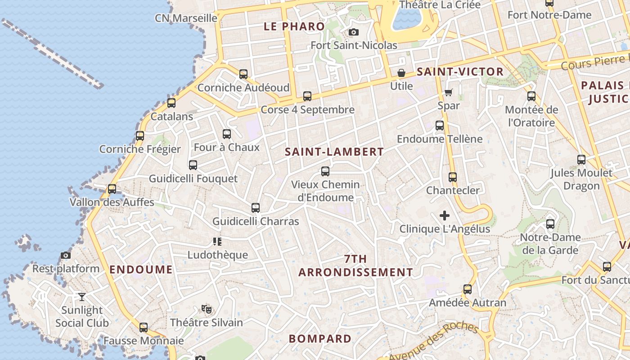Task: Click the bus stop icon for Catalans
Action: pyautogui.click(x=171, y=103)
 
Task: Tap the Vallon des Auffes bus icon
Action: pyautogui.click(x=112, y=189)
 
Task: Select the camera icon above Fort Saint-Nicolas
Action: pyautogui.click(x=354, y=32)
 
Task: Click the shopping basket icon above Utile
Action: pyautogui.click(x=401, y=73)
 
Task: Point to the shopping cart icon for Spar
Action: pyautogui.click(x=448, y=93)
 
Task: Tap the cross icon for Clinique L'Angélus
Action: pyautogui.click(x=445, y=216)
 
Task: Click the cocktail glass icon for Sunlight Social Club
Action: pyautogui.click(x=82, y=297)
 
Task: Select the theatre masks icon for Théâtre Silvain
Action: pyautogui.click(x=207, y=309)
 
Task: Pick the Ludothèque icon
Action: pyautogui.click(x=217, y=242)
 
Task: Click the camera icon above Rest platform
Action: pyautogui.click(x=66, y=256)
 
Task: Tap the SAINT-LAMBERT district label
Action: pyautogui.click(x=334, y=152)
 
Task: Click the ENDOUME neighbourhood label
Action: pyautogui.click(x=141, y=270)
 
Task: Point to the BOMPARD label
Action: pyautogui.click(x=320, y=339)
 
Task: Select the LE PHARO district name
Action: pyautogui.click(x=294, y=27)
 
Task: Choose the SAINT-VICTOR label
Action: pyautogui.click(x=460, y=72)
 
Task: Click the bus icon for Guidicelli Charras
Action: pyautogui.click(x=256, y=208)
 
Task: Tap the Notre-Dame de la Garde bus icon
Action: pyautogui.click(x=550, y=224)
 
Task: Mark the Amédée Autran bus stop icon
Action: pyautogui.click(x=468, y=289)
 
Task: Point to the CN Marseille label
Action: pyautogui.click(x=186, y=18)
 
